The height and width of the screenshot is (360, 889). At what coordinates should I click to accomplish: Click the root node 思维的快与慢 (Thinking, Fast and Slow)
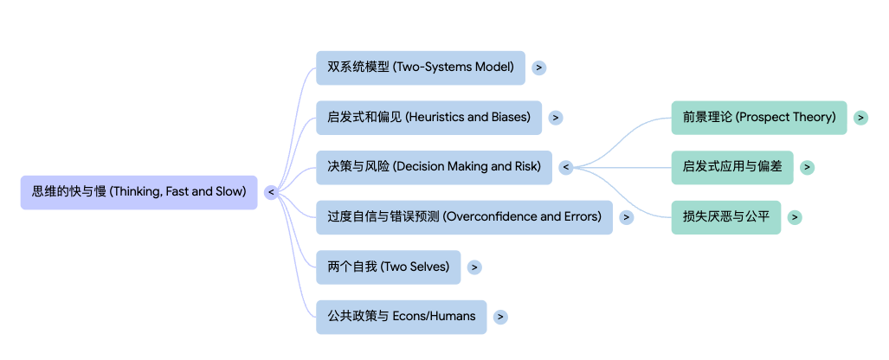pyautogui.click(x=139, y=192)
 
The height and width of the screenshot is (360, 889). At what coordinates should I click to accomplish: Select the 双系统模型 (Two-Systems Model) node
pyautogui.click(x=420, y=67)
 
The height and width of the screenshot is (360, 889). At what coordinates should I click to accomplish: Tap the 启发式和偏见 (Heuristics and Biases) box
pyautogui.click(x=428, y=118)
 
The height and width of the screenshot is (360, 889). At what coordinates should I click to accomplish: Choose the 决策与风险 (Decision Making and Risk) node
pyautogui.click(x=434, y=167)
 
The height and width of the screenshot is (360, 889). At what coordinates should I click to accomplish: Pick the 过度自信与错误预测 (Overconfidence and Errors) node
pyautogui.click(x=464, y=217)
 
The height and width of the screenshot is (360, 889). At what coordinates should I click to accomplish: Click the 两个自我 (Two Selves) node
pyautogui.click(x=388, y=267)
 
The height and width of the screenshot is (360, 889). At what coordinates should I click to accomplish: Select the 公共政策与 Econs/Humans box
pyautogui.click(x=401, y=317)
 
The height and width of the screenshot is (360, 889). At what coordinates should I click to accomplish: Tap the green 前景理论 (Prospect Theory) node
pyautogui.click(x=759, y=118)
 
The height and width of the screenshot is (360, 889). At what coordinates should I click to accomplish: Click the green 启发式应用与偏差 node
pyautogui.click(x=732, y=167)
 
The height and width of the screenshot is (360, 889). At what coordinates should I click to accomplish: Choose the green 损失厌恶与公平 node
pyautogui.click(x=726, y=217)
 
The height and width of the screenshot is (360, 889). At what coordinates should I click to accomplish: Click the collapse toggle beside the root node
pyautogui.click(x=271, y=192)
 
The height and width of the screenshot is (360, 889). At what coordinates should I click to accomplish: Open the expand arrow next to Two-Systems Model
pyautogui.click(x=539, y=67)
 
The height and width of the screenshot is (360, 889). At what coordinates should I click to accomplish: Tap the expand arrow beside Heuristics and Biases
pyautogui.click(x=556, y=118)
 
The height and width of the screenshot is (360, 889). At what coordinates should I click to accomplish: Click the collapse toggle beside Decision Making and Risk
pyautogui.click(x=566, y=167)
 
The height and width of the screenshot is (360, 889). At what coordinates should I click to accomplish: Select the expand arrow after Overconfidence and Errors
pyautogui.click(x=627, y=217)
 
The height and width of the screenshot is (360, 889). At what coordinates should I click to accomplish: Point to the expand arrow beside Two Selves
pyautogui.click(x=474, y=267)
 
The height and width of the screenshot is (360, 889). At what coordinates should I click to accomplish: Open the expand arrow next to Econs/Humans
pyautogui.click(x=500, y=317)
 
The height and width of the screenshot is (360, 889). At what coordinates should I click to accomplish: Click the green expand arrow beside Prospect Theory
pyautogui.click(x=860, y=118)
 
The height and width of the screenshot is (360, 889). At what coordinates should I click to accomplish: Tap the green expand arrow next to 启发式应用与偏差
pyautogui.click(x=807, y=167)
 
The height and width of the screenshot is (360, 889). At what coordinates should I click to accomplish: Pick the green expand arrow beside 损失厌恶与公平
pyautogui.click(x=795, y=217)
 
